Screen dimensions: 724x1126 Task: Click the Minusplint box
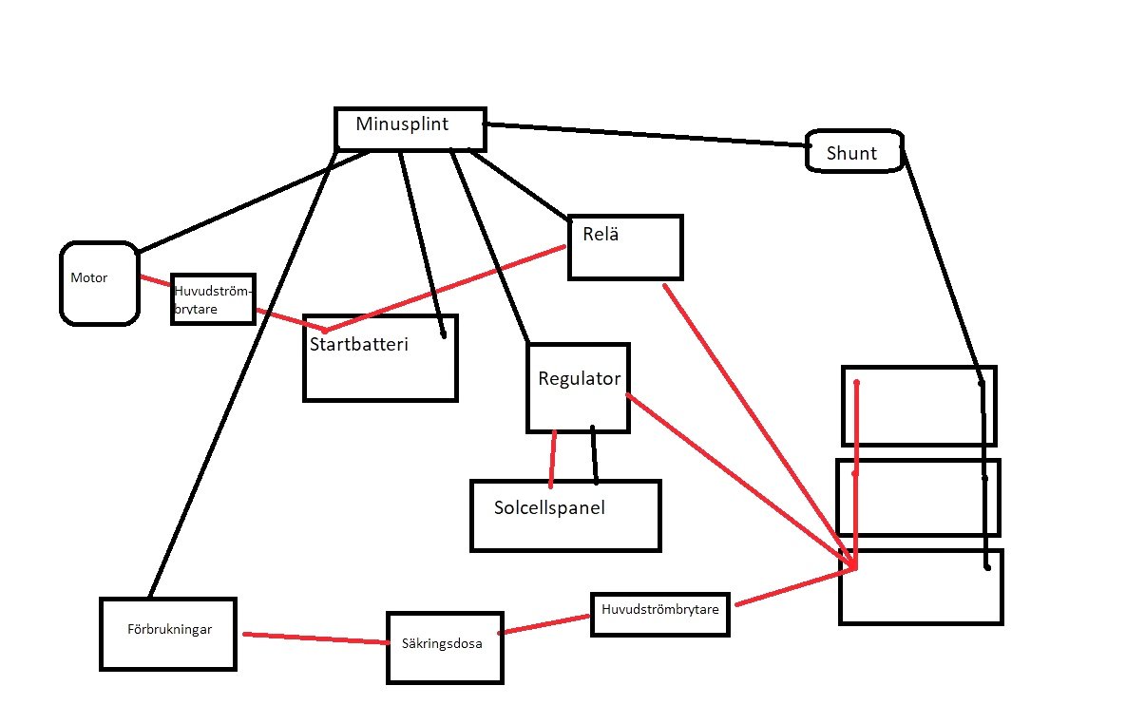[x=410, y=129]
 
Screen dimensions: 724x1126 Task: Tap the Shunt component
[x=853, y=152]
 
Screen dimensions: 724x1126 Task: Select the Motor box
[x=99, y=282]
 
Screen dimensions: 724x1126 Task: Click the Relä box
[x=625, y=248]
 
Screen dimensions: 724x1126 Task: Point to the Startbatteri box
[x=380, y=358]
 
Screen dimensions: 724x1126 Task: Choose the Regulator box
[x=578, y=388]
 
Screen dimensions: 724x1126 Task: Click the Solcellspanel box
[x=564, y=515]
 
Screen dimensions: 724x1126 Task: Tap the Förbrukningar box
[x=167, y=633]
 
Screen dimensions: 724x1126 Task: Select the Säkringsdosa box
[x=443, y=647]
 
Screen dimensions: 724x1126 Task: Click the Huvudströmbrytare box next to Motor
[x=213, y=299]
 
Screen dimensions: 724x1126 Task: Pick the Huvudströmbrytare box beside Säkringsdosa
[x=661, y=614]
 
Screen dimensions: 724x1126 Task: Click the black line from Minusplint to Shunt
[x=646, y=134]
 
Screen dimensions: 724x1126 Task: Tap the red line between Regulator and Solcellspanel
[x=553, y=458]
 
